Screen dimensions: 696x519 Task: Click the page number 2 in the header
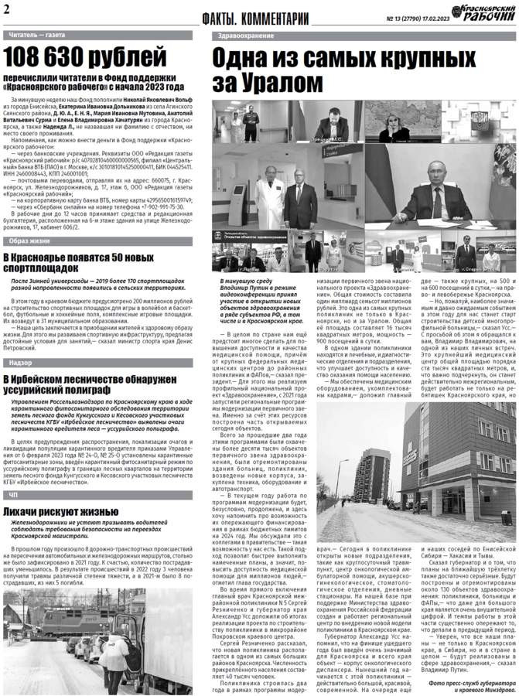(x=7, y=10)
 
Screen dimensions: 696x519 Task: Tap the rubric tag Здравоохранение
(x=241, y=36)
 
